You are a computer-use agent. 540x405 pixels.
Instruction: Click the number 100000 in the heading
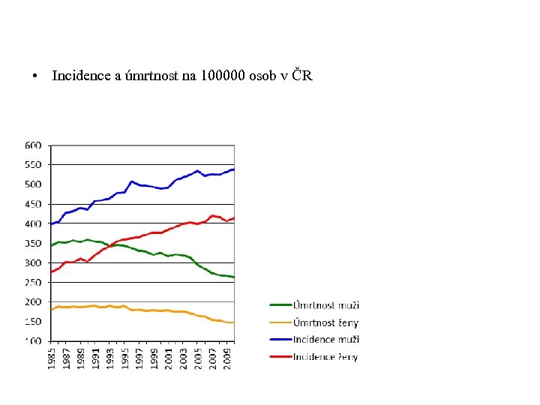[x=223, y=77]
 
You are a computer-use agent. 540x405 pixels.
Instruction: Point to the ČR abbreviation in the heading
[x=302, y=77]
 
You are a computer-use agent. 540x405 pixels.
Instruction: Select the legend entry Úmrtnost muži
[x=326, y=305]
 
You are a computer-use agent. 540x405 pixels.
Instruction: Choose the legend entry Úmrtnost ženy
[x=326, y=322]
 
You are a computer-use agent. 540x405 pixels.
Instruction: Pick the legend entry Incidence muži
[x=325, y=340]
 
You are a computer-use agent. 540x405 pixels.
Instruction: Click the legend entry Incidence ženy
[x=325, y=357]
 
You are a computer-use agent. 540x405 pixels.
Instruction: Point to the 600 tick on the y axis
[x=34, y=145]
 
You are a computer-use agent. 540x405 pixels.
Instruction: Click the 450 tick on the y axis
[x=34, y=204]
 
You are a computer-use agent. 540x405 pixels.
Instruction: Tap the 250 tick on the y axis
[x=34, y=283]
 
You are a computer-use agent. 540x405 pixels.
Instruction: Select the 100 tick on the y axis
[x=34, y=341]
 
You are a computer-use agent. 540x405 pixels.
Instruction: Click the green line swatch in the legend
[x=280, y=305]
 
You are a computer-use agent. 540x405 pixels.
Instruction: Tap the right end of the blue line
[x=233, y=169]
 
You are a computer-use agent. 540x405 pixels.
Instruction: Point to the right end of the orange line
[x=233, y=322]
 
